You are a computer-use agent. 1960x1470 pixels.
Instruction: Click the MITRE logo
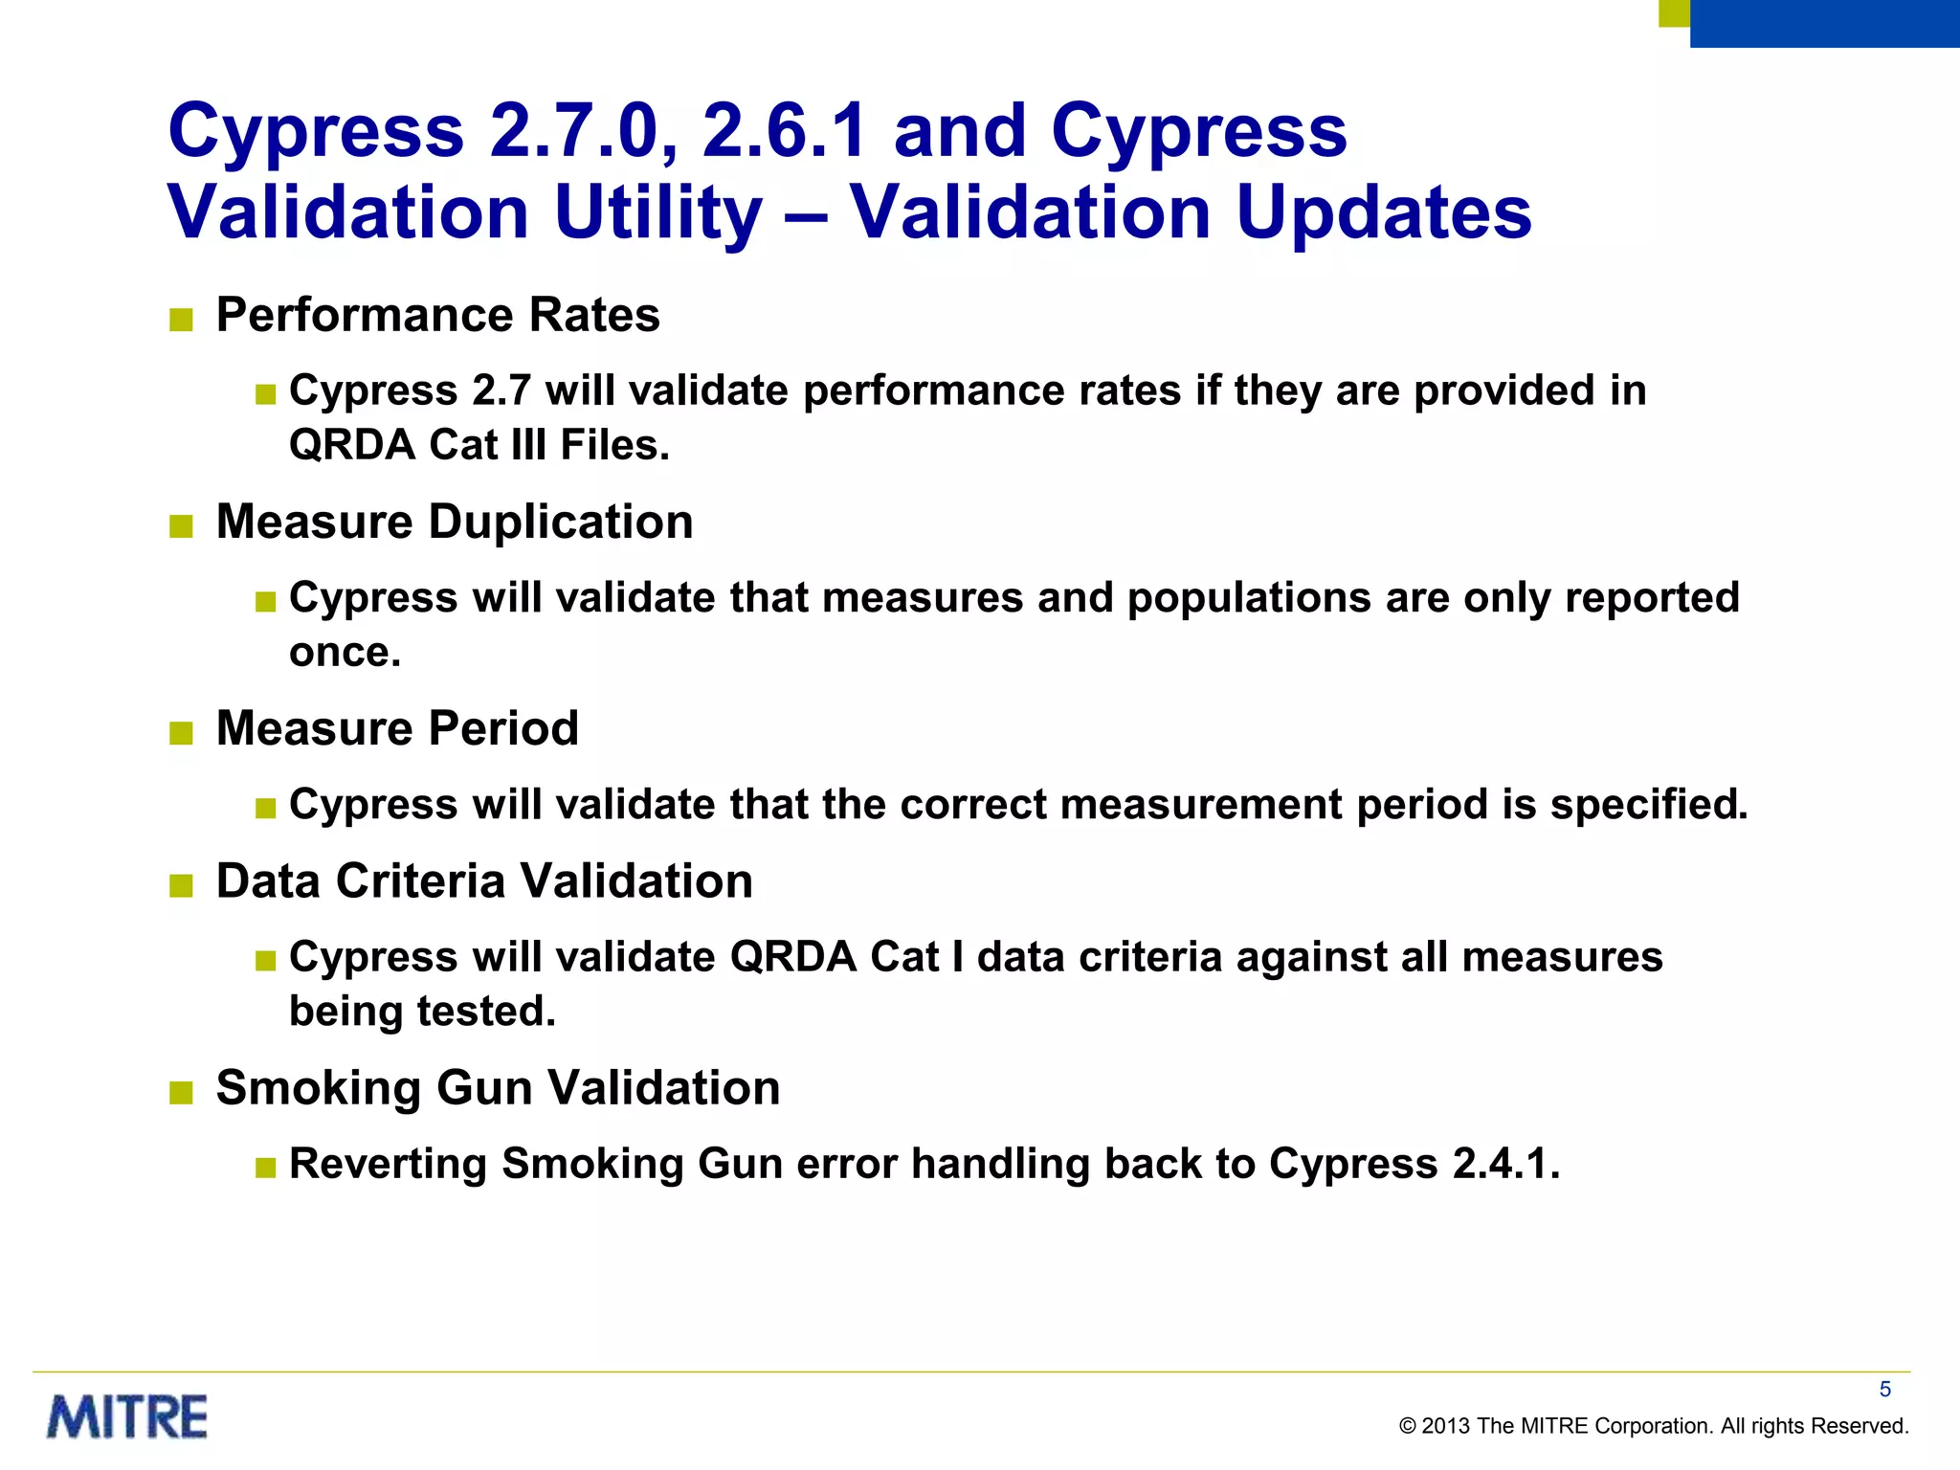coord(127,1417)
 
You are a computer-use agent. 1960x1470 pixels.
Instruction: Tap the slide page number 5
coord(1884,1390)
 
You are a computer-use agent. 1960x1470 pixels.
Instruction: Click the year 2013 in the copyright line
coord(1445,1426)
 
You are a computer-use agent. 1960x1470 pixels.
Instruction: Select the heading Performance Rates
coord(437,315)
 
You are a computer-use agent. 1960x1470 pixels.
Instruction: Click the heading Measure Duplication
coord(455,523)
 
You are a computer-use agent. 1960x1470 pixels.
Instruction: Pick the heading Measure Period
coord(397,728)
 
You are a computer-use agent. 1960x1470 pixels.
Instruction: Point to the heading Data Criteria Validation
coord(484,881)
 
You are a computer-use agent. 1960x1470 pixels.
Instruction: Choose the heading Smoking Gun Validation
coord(498,1088)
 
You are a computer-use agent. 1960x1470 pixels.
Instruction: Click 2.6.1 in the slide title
coord(785,131)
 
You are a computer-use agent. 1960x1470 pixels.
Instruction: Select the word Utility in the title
coord(658,212)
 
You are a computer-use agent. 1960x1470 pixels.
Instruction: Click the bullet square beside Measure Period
coord(181,734)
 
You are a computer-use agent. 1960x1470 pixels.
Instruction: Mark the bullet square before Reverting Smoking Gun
coord(265,1168)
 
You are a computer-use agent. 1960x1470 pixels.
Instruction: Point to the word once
coord(345,654)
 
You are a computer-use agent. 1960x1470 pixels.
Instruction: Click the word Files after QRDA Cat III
coord(614,446)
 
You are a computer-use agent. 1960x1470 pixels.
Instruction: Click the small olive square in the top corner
coord(1674,12)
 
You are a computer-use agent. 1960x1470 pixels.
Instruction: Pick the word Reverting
coord(389,1164)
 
